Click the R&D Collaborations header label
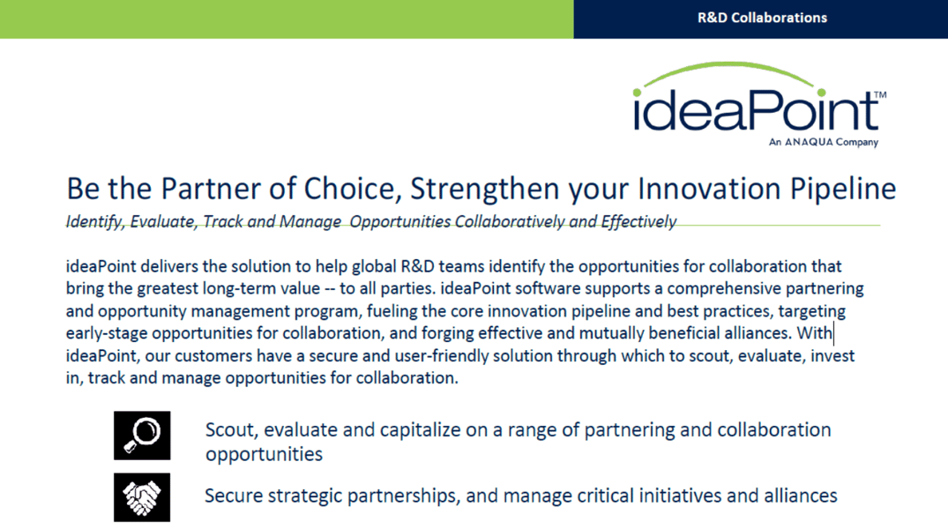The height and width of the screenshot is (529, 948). tap(762, 19)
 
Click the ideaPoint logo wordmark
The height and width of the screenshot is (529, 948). tap(757, 109)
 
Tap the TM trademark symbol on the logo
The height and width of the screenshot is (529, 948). tap(880, 95)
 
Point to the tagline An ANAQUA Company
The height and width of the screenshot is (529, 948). tap(824, 142)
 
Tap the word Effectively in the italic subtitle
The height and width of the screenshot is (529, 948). tap(638, 222)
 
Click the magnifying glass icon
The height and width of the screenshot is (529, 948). tap(142, 436)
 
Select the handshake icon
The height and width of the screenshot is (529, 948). tap(142, 497)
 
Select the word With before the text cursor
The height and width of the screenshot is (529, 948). tap(814, 333)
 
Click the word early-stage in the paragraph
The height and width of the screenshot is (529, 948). tap(107, 333)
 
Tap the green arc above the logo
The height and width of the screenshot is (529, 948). tap(729, 65)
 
